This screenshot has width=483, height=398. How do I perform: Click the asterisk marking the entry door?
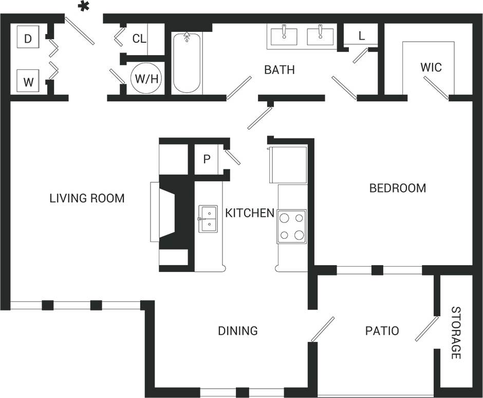click(x=83, y=7)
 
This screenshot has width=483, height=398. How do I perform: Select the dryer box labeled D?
click(x=29, y=38)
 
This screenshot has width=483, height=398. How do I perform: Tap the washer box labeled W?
click(x=29, y=81)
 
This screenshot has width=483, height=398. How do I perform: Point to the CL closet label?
click(x=139, y=39)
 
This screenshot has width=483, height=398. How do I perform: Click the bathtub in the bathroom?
click(x=186, y=63)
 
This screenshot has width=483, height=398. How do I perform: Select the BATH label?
click(x=280, y=70)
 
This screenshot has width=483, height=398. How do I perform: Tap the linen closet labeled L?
click(x=361, y=36)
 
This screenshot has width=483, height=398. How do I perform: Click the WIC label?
click(x=431, y=67)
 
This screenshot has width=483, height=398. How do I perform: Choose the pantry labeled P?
click(x=207, y=159)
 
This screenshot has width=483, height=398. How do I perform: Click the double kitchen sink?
click(x=208, y=219)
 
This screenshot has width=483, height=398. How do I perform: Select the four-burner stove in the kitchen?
click(x=292, y=227)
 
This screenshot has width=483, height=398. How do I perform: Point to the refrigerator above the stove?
click(x=288, y=164)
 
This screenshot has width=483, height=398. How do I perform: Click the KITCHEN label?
click(x=250, y=213)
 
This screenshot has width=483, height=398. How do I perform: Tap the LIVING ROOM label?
click(x=87, y=198)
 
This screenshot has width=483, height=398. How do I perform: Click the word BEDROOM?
click(x=398, y=188)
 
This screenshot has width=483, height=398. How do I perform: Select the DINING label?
click(x=237, y=331)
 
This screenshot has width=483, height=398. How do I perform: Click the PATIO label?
click(x=382, y=331)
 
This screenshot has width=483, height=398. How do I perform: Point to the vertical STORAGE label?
click(x=456, y=333)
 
